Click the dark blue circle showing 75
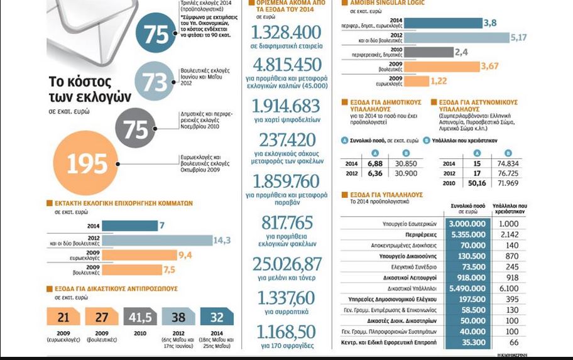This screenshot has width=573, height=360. (155, 35)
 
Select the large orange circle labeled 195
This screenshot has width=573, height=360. (87, 164)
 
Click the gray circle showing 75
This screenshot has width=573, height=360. (135, 128)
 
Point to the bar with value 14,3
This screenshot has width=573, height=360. (157, 240)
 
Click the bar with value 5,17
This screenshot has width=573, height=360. (456, 38)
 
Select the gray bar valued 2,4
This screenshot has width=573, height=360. (427, 52)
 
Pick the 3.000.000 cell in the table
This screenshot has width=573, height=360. (467, 224)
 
